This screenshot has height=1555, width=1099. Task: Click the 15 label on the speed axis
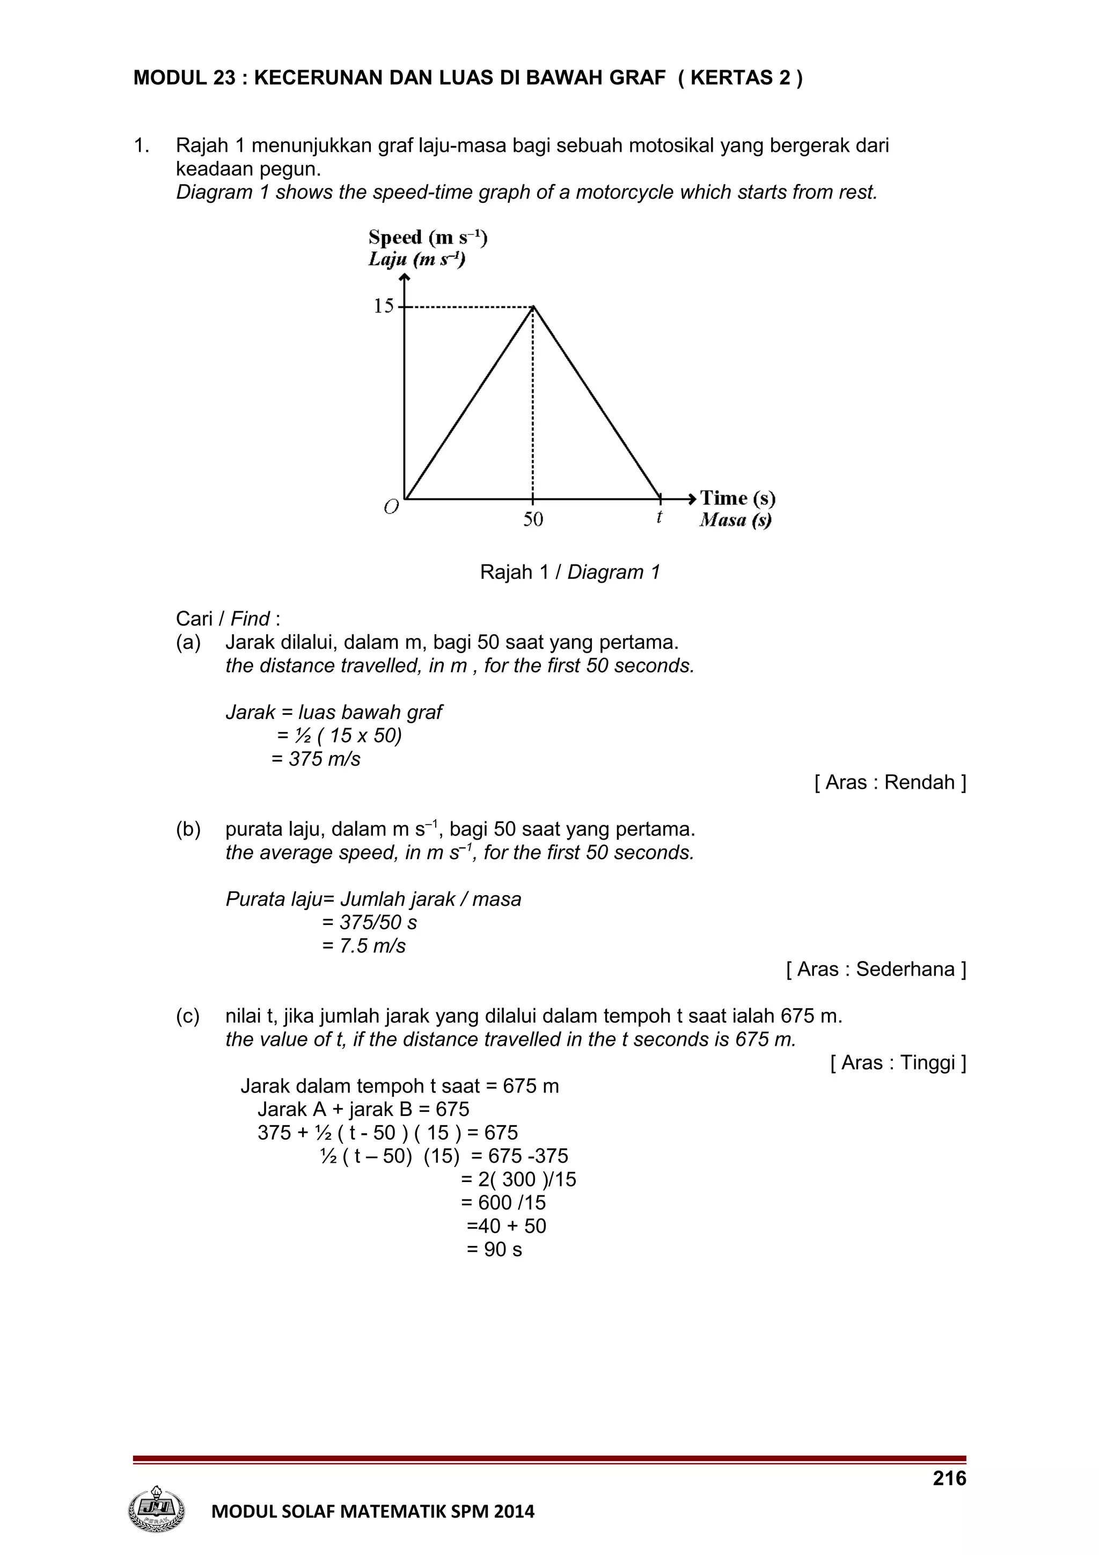pyautogui.click(x=383, y=306)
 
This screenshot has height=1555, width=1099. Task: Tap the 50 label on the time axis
pyautogui.click(x=533, y=519)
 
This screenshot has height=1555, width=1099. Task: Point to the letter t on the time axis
pyautogui.click(x=659, y=517)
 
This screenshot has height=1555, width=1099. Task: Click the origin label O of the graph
pyautogui.click(x=391, y=507)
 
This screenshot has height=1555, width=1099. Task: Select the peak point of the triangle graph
pyautogui.click(x=533, y=307)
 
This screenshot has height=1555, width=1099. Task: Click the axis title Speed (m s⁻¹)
pyautogui.click(x=428, y=238)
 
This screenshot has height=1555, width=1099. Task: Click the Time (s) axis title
pyautogui.click(x=737, y=498)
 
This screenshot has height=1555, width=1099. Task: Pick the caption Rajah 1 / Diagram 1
pyautogui.click(x=569, y=573)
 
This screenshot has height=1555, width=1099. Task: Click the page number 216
pyautogui.click(x=949, y=1478)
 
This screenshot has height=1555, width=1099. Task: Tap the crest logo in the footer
pyautogui.click(x=156, y=1509)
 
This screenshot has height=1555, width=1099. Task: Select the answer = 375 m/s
pyautogui.click(x=316, y=759)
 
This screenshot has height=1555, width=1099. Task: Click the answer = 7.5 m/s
pyautogui.click(x=364, y=945)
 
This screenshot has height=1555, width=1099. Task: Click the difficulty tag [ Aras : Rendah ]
pyautogui.click(x=890, y=782)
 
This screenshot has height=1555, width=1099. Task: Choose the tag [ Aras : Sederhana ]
pyautogui.click(x=876, y=969)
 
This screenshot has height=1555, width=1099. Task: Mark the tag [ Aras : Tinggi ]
pyautogui.click(x=898, y=1062)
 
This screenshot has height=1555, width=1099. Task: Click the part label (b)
pyautogui.click(x=188, y=829)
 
